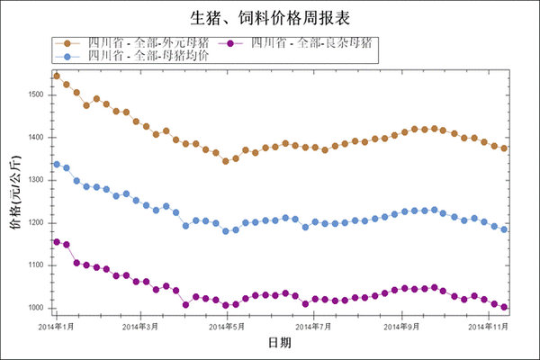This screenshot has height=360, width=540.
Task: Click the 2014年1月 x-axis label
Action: (57, 325)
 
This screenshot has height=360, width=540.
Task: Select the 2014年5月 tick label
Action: (227, 325)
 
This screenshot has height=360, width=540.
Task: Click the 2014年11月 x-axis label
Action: (491, 325)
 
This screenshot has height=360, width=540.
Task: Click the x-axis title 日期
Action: (279, 343)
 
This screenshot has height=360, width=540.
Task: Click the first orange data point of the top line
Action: (57, 76)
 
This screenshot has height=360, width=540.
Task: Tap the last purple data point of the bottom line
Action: (504, 307)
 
